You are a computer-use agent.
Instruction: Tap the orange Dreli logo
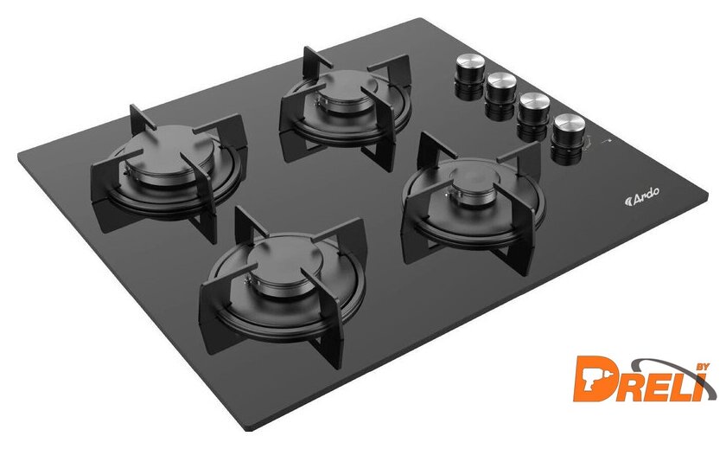(644, 380)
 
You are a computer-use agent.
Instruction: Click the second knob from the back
(500, 95)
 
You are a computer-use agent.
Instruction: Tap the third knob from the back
(533, 116)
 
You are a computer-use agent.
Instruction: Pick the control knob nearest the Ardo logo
(568, 138)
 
